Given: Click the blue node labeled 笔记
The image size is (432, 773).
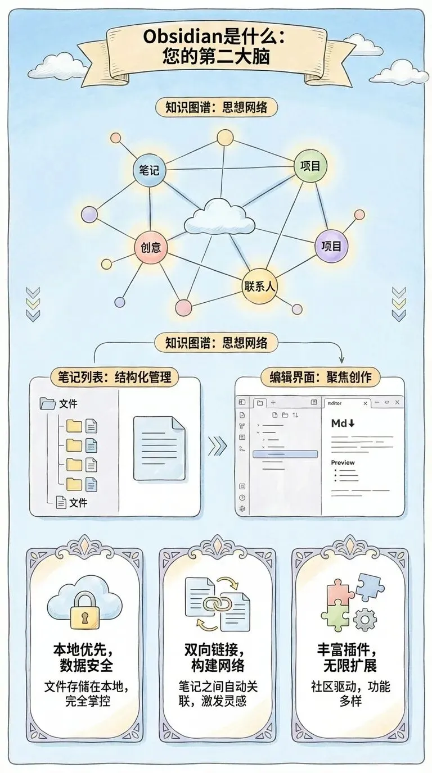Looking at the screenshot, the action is tap(150, 170).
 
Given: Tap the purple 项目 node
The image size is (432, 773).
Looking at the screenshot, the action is tap(331, 246).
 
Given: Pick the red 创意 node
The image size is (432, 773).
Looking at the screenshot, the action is tap(151, 247).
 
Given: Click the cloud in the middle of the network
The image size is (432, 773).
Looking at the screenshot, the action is tap(219, 217).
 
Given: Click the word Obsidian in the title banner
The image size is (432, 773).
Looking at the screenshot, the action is tap(177, 38).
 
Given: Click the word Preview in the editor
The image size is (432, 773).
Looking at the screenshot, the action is tap(343, 462).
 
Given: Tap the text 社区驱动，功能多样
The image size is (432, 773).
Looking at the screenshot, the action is tap(350, 693).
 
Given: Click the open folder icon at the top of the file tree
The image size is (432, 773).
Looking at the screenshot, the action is tap(48, 403).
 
